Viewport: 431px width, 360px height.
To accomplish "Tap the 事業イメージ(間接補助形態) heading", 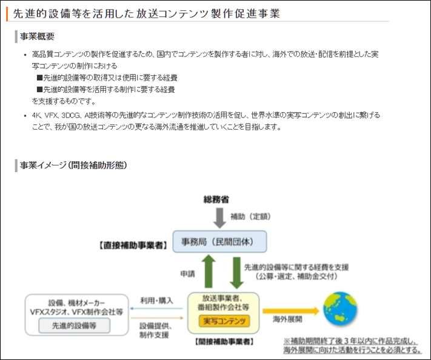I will point(73,165).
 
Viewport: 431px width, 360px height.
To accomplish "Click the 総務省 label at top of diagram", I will point(216,199).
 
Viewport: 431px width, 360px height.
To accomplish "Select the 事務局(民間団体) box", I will point(219,241).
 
